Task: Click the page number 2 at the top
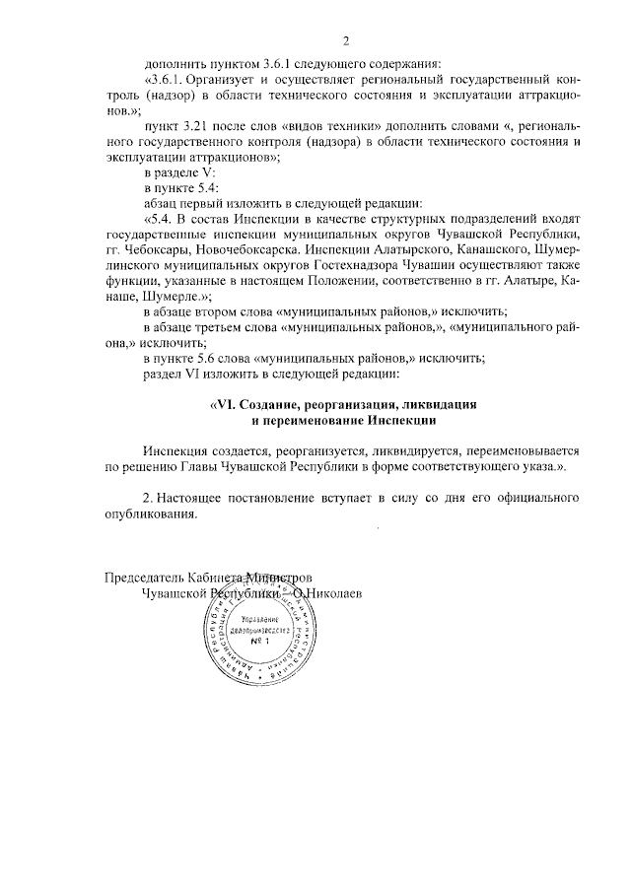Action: coord(346,40)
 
